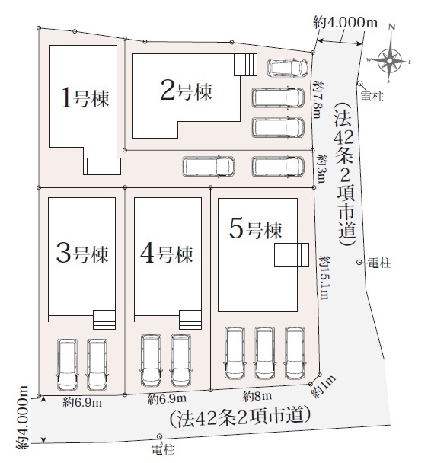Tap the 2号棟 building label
tap(187, 91)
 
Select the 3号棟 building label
tap(83, 254)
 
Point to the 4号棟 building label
tap(167, 254)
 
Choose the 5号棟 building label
tap(256, 229)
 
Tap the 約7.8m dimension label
tap(318, 100)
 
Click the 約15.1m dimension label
tap(324, 278)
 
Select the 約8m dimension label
tap(257, 396)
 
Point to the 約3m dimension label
tap(321, 168)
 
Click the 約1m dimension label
tap(324, 387)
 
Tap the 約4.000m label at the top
tap(346, 22)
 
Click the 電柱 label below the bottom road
tap(163, 450)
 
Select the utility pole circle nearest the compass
tap(360, 84)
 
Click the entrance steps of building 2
tap(246, 65)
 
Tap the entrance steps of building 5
tap(292, 254)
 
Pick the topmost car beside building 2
tap(288, 69)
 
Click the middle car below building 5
tap(264, 353)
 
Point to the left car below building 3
tap(67, 365)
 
